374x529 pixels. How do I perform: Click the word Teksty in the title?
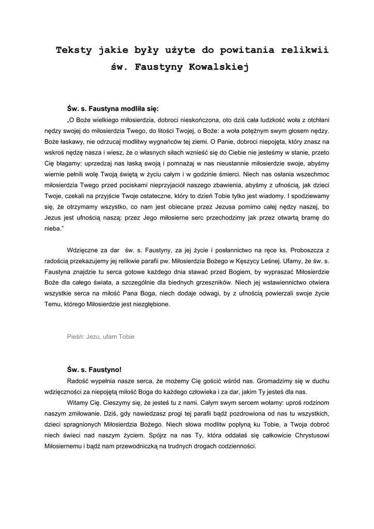74,51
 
